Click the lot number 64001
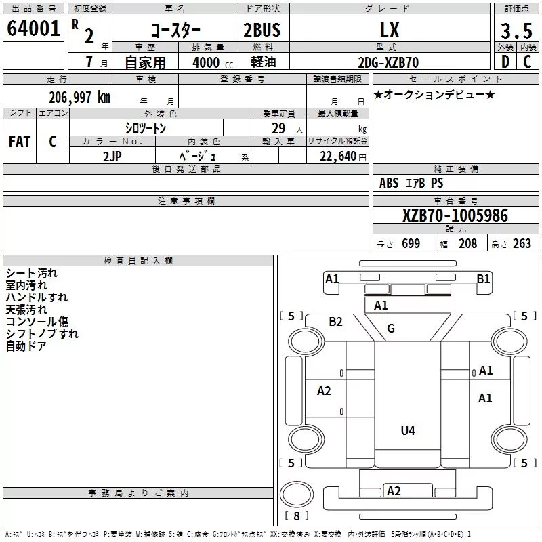pos(33,28)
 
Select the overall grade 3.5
pos(516,31)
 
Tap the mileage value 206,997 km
pos(79,98)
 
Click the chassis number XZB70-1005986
pos(455,215)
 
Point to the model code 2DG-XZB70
pos(388,62)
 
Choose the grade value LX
pos(390,30)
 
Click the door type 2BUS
pos(262,30)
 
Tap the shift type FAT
pos(20,142)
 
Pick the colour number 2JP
pos(112,157)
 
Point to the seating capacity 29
pos(278,128)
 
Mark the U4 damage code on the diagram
pos(408,431)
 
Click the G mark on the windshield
pos(391,328)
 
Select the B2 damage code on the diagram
pos(335,322)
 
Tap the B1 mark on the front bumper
pos(483,278)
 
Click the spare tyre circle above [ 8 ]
pos(297,495)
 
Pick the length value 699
pos(411,243)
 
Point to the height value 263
pos(522,243)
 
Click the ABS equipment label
pos(389,183)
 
